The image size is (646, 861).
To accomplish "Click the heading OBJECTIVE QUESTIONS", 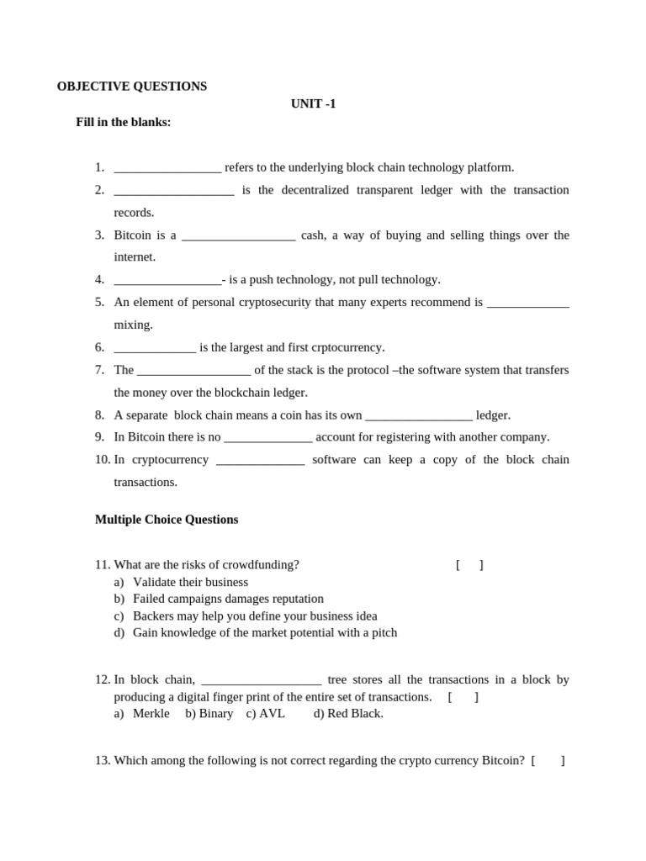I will coord(132,87).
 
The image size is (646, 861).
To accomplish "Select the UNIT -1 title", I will coord(313,104).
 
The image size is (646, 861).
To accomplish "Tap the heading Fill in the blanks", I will coord(123,122).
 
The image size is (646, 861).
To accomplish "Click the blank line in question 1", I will coord(167,168).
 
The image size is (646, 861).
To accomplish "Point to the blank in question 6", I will coord(155,348).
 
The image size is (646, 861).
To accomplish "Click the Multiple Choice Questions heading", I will coord(167,520).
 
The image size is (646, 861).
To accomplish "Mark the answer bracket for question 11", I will coord(469,565).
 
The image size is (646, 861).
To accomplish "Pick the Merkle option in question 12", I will coord(151,714).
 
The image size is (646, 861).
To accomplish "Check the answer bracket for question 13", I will coord(548,761).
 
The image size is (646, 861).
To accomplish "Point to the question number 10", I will coord(103,460).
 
